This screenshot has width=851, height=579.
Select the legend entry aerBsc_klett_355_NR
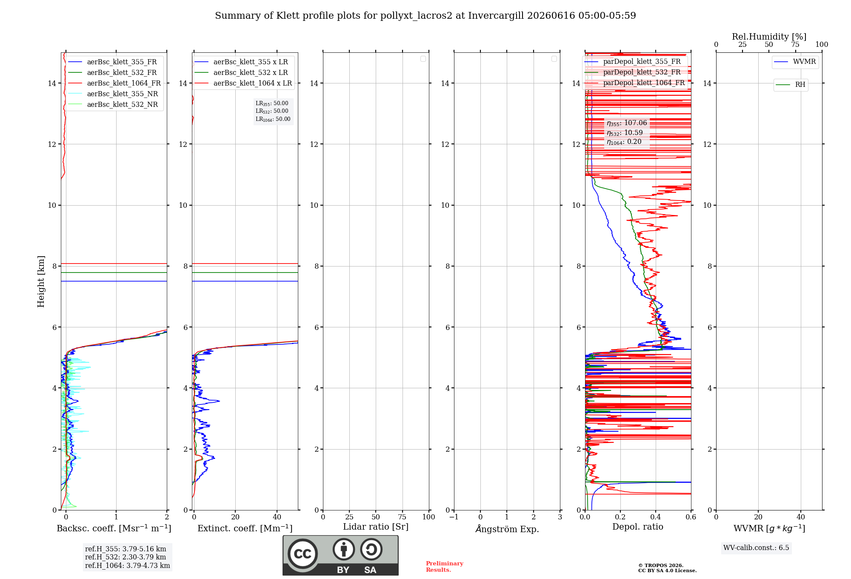pos(113,94)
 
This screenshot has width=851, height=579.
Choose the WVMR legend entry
pos(795,62)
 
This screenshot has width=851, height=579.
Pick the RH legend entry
pos(791,85)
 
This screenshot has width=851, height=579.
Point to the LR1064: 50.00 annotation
pos(273,119)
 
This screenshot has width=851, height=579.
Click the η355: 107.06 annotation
pos(627,123)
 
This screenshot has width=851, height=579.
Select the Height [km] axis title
pos(41,281)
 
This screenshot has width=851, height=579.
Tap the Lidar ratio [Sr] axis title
pos(376,527)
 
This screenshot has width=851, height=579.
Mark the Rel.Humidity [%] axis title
pos(769,37)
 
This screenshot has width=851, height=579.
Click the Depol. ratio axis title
pos(638,527)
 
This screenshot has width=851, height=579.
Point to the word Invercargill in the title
pos(496,16)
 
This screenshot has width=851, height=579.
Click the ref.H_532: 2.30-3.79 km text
pos(126,557)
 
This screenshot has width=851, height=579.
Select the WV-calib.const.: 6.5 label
pos(756,548)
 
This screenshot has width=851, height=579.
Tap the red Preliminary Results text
pos(444,567)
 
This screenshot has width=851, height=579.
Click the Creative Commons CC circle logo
pos(303,554)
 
